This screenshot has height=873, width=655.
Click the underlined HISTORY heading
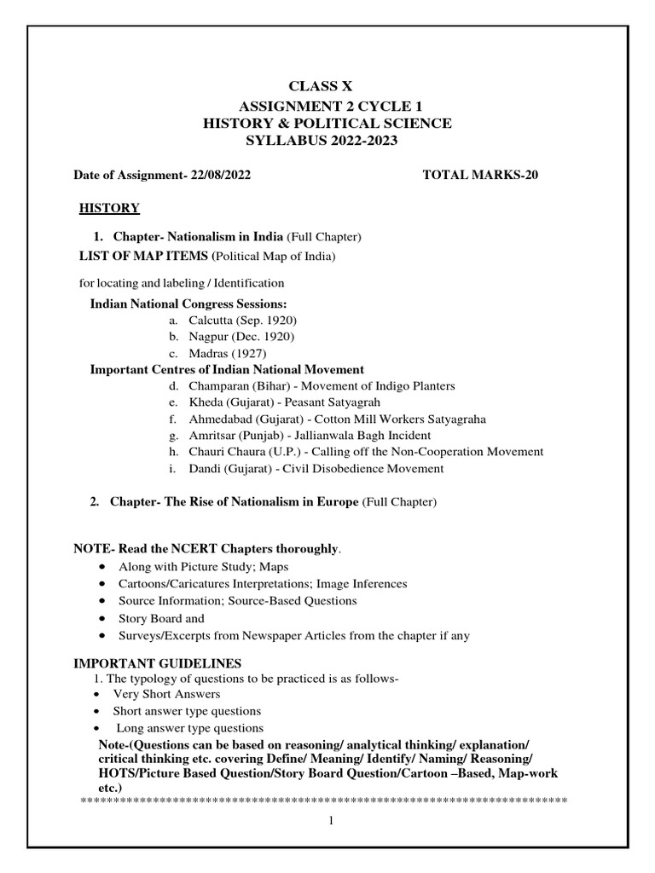click(109, 207)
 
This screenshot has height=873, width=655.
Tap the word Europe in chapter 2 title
click(338, 502)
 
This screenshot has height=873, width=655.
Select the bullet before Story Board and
click(103, 618)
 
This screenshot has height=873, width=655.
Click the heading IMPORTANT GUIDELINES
click(158, 663)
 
